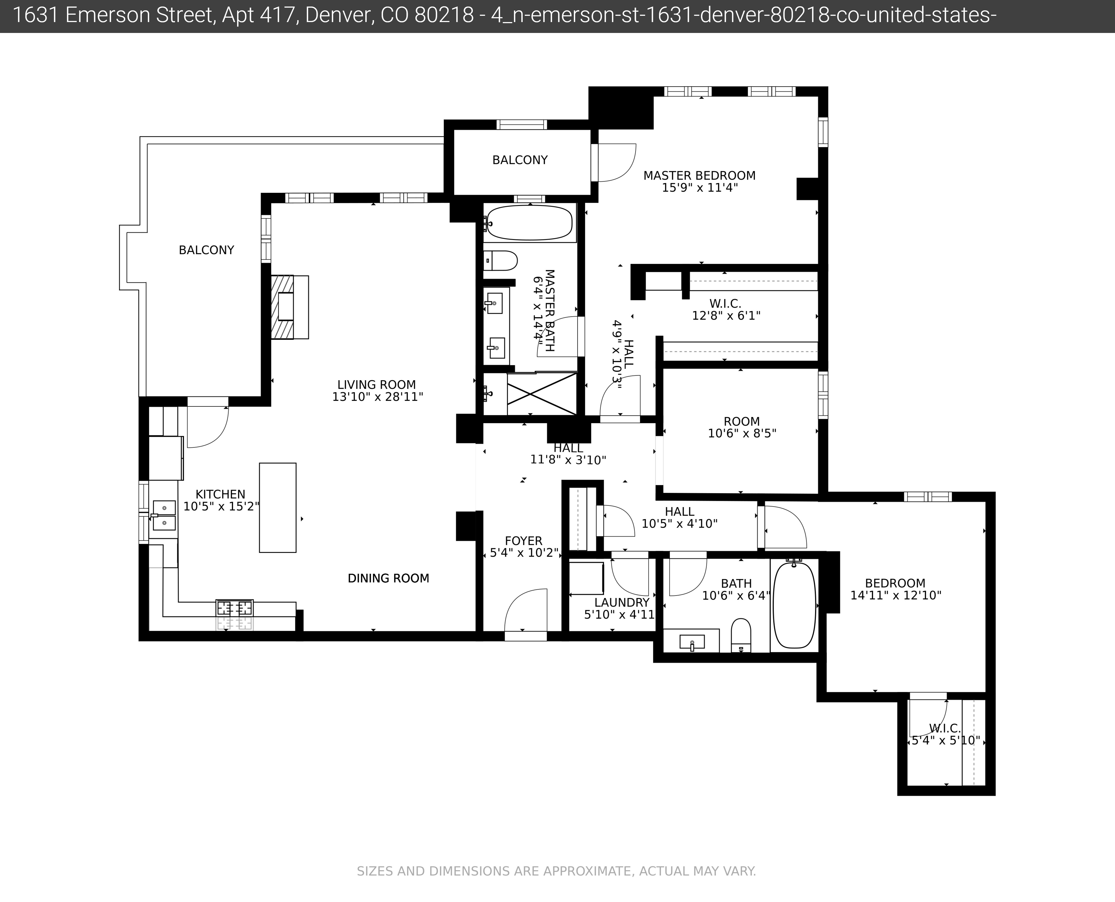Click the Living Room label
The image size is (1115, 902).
click(x=376, y=385)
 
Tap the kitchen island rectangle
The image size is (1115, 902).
click(x=278, y=508)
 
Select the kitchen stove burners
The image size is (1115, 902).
click(x=235, y=608)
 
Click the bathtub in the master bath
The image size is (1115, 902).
click(x=530, y=223)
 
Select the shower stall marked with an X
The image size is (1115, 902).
click(x=542, y=394)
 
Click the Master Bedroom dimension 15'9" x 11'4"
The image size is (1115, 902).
click(x=700, y=188)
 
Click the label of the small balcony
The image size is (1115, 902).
click(x=520, y=160)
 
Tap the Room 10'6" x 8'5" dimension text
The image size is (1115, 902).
click(x=742, y=433)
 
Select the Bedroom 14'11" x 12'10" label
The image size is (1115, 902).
click(x=895, y=583)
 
